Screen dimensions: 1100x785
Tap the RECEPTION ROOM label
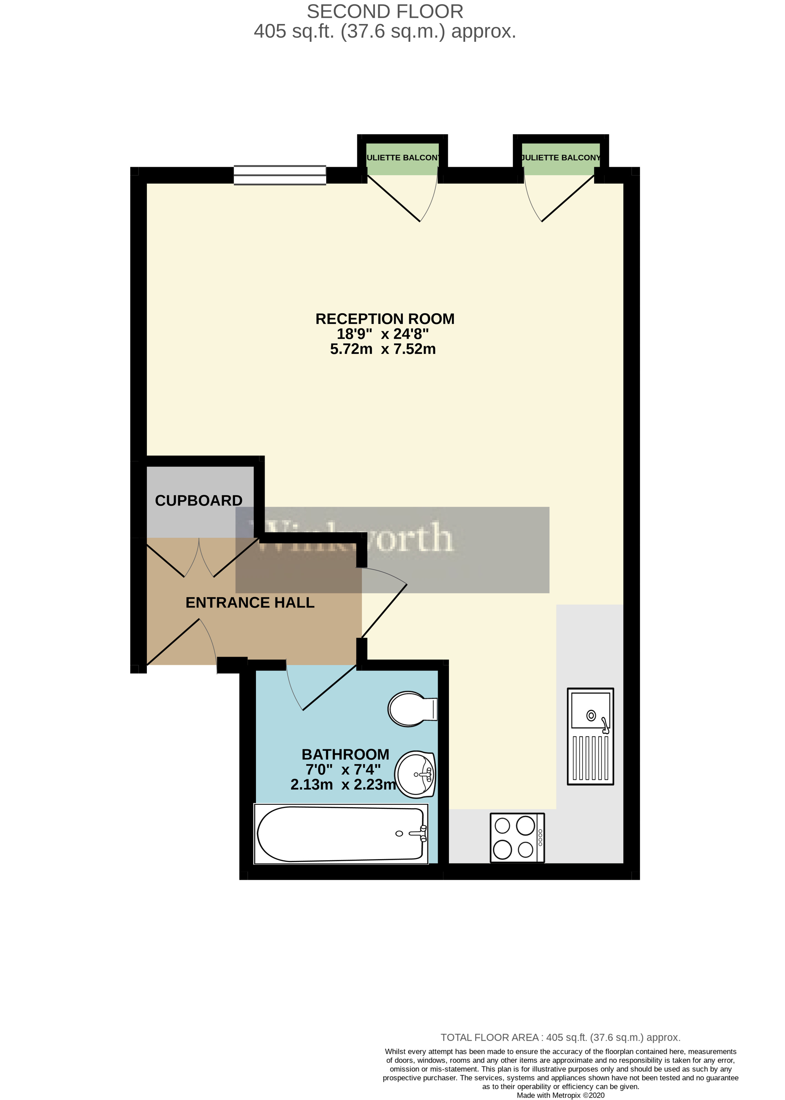point(385,319)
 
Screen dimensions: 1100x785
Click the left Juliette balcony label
point(403,158)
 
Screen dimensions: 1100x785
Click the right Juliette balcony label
point(561,158)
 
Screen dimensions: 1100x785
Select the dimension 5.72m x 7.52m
point(383,349)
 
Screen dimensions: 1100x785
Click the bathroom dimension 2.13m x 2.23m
point(343,784)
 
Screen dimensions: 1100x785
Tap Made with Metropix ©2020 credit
point(560,1095)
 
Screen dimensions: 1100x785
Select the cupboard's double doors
point(199,559)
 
